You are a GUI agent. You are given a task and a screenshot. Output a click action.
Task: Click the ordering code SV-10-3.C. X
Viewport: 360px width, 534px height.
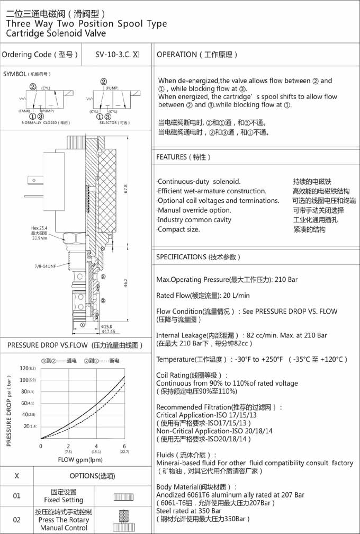pos(117,55)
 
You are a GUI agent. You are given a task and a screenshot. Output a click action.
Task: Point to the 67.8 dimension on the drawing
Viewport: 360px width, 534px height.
pos(125,189)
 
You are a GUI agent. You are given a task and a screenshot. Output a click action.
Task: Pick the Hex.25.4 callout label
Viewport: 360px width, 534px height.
pos(42,228)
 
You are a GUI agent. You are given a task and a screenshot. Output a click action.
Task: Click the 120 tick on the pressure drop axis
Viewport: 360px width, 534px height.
pos(26,368)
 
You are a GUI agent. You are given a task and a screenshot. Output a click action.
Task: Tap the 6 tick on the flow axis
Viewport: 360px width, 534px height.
pos(124,446)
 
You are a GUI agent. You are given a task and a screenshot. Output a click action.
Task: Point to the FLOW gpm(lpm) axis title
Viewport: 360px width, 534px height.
pos(80,459)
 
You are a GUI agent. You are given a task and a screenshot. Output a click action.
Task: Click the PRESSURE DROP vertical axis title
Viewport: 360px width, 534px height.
pos(9,411)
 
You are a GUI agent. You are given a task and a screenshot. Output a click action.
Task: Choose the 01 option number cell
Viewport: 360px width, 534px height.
pos(16,496)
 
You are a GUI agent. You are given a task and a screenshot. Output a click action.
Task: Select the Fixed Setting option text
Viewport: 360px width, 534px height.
pos(64,500)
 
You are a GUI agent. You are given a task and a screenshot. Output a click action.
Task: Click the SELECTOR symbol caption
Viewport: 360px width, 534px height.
pos(114,122)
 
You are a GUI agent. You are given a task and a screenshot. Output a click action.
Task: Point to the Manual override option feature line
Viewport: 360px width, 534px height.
pos(194,210)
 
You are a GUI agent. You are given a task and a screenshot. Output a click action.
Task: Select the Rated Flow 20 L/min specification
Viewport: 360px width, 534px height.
pos(203,295)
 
